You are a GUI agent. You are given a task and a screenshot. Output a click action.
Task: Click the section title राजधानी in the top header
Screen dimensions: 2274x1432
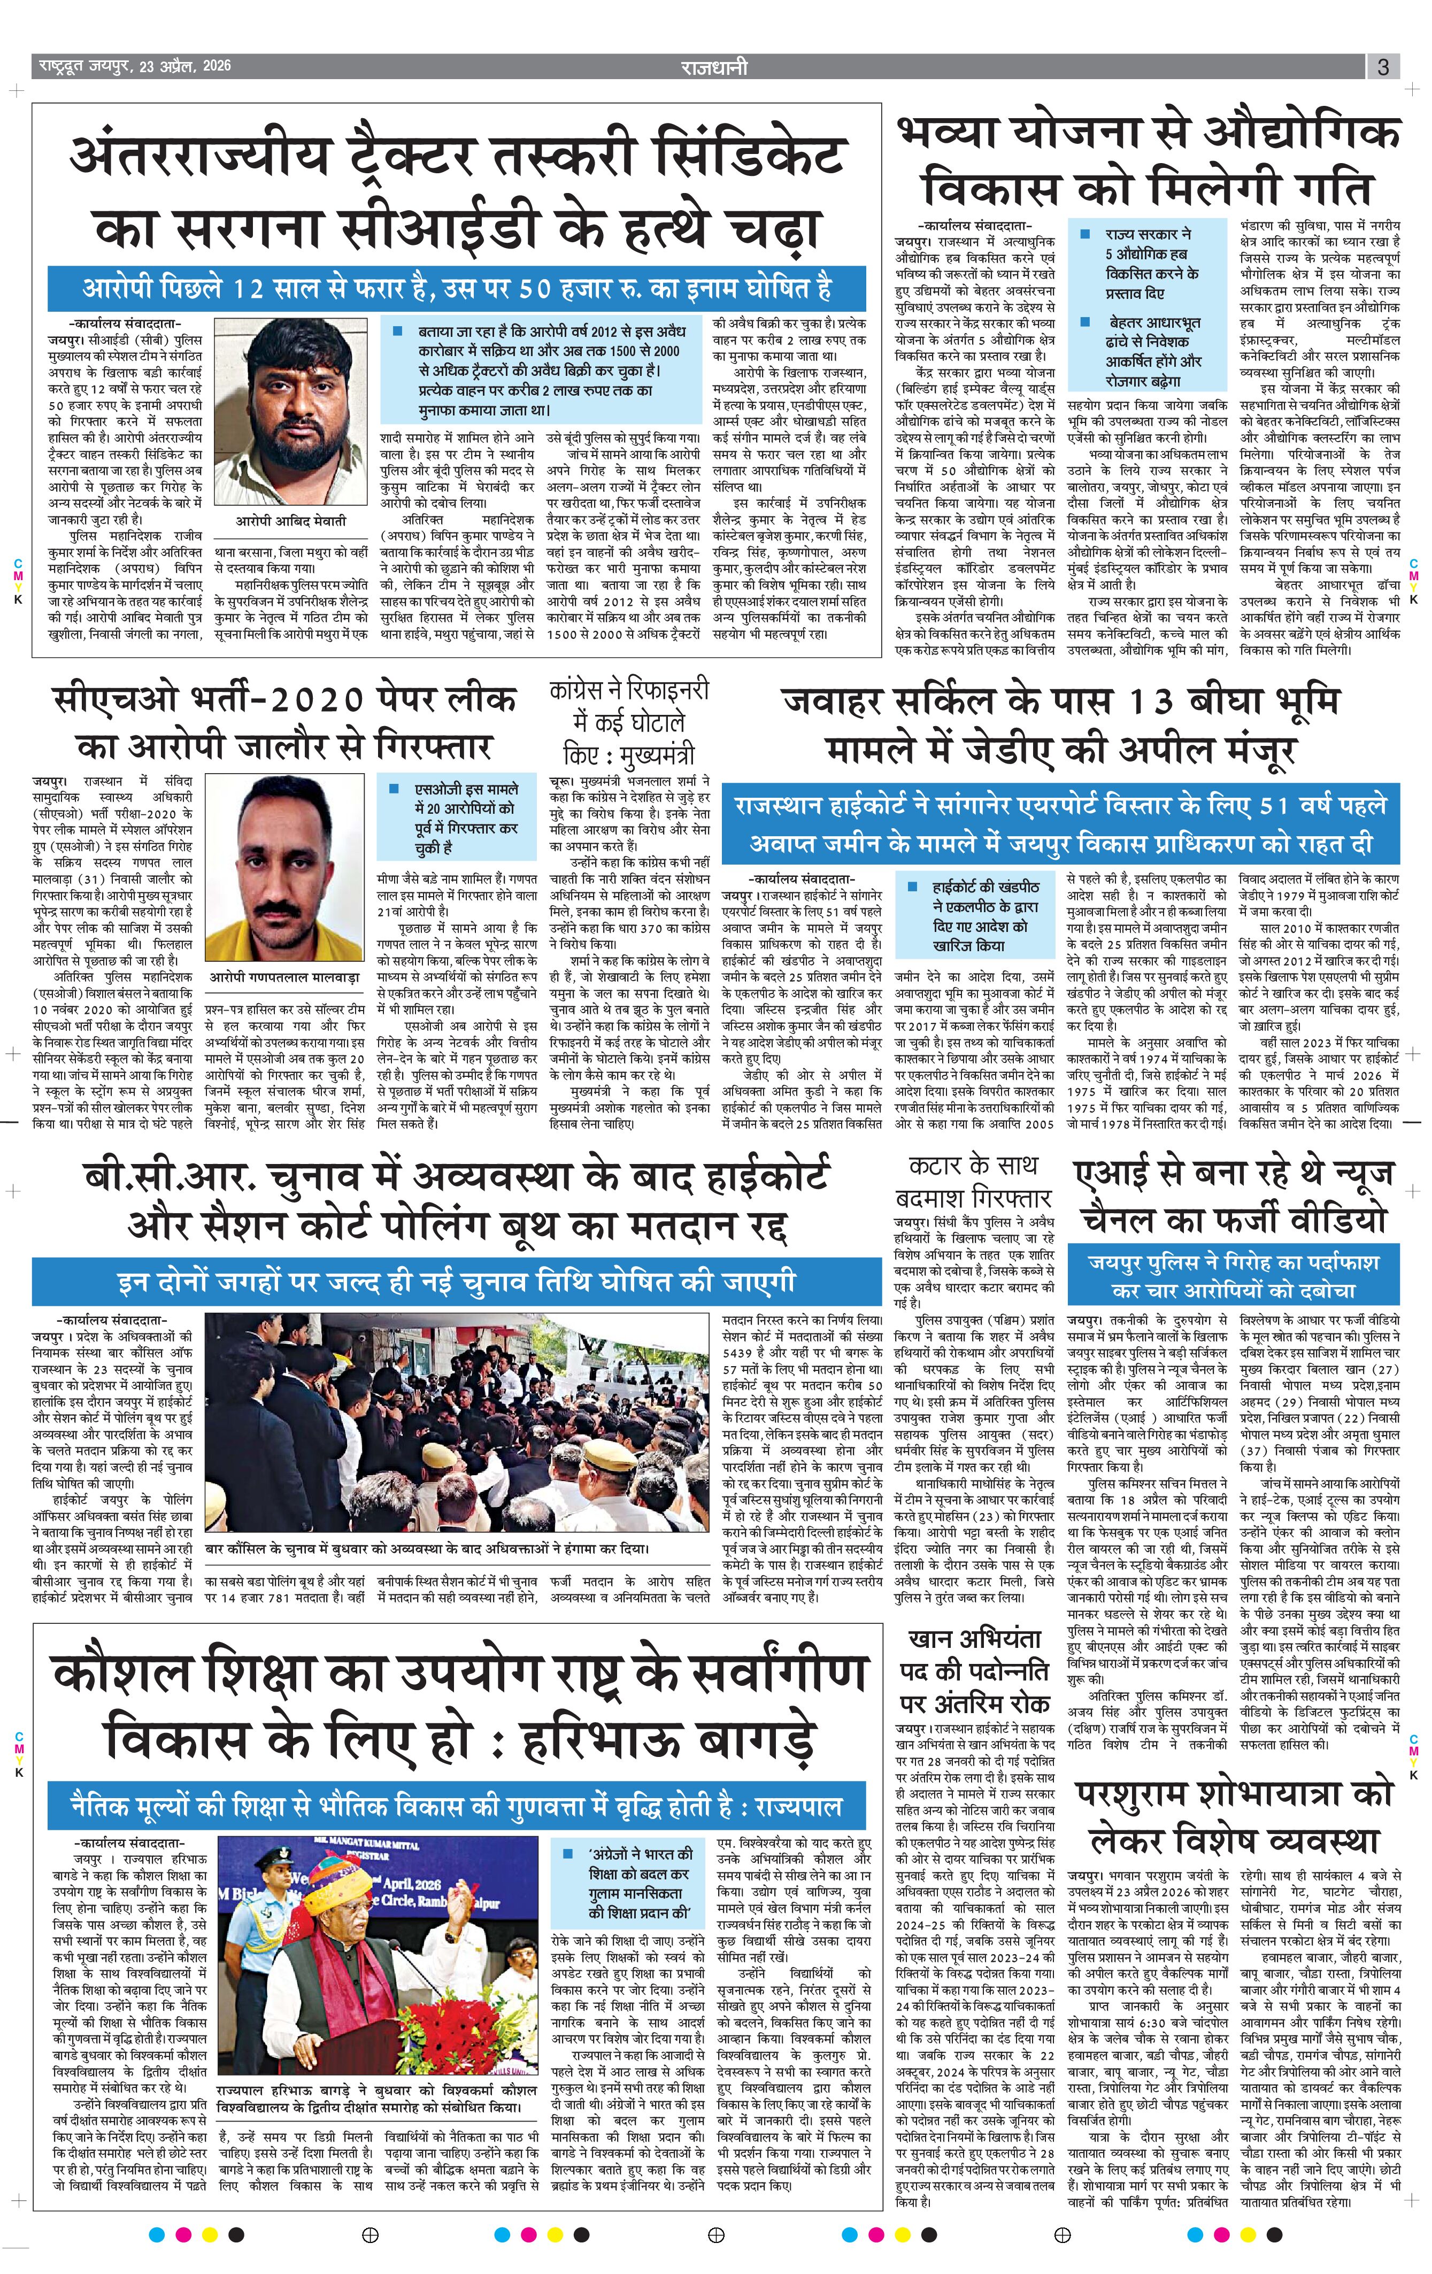tap(714, 67)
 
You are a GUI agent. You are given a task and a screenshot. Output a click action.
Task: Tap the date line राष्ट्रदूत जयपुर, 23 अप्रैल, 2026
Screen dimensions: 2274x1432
tap(134, 67)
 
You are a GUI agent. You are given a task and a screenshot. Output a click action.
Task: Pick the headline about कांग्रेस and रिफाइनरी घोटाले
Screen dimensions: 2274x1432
tap(628, 722)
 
